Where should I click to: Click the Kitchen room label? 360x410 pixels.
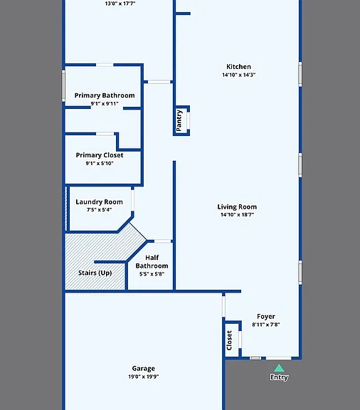tap(238, 67)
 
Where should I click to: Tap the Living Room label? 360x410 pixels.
tap(237, 207)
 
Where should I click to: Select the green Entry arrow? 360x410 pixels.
tap(279, 368)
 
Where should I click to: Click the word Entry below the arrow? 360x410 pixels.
tap(279, 377)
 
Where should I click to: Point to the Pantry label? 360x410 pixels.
tap(179, 120)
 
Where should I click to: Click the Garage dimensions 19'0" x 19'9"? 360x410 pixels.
tap(144, 377)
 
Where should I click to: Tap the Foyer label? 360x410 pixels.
tap(266, 317)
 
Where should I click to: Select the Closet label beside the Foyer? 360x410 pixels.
tap(229, 340)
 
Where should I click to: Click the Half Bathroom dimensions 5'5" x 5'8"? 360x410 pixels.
tap(152, 274)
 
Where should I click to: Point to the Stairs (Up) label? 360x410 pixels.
tap(95, 273)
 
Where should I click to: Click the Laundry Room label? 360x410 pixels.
tap(99, 202)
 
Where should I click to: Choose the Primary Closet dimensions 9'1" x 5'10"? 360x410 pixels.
tap(100, 164)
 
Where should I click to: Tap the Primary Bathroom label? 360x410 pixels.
tap(105, 95)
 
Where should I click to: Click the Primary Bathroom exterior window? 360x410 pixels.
tap(63, 85)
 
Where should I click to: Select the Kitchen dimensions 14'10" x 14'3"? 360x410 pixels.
tap(238, 75)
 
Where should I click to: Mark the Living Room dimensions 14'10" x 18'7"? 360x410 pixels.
tap(237, 215)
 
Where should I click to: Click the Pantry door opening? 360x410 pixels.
tap(188, 120)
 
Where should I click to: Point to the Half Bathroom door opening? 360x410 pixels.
tap(163, 241)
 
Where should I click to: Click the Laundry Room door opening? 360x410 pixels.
tap(132, 200)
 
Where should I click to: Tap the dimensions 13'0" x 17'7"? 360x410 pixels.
tap(120, 4)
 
